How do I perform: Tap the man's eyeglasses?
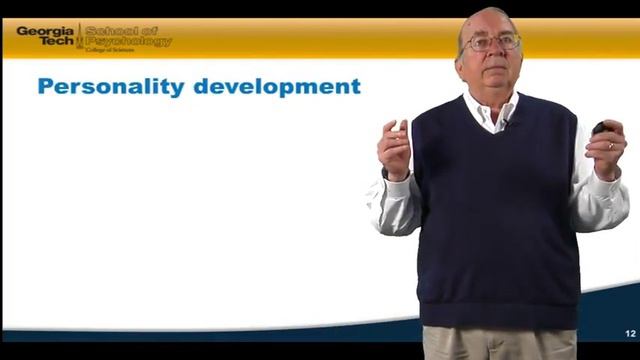491,43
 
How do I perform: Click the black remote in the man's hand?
599,128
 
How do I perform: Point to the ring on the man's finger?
610,145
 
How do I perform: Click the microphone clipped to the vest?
506,122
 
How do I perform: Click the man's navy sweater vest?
495,220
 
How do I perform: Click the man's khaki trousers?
498,343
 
